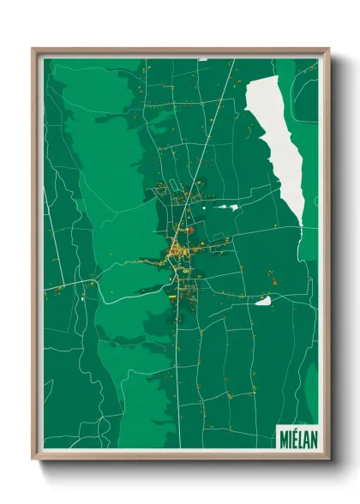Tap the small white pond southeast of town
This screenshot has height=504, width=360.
pos(264,300)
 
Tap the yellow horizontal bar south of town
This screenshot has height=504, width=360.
pos(171,297)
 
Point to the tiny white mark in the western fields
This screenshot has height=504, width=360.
pos(82,300)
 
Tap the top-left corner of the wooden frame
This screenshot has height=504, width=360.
pos(33,49)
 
